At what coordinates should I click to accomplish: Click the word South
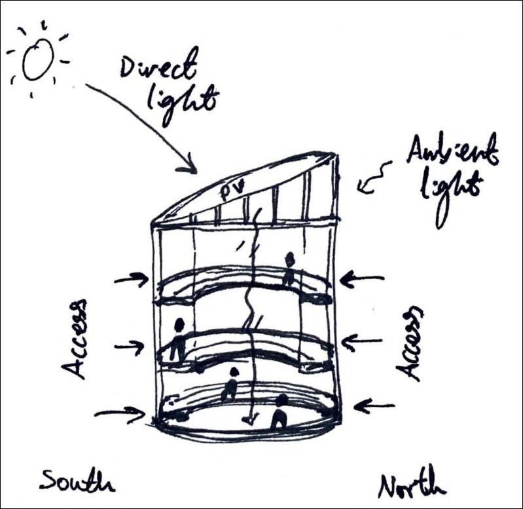[x=75, y=480]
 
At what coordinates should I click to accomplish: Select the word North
[x=412, y=485]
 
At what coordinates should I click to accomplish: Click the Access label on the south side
[x=77, y=339]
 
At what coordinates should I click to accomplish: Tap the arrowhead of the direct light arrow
[x=190, y=168]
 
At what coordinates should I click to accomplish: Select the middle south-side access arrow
[x=130, y=347]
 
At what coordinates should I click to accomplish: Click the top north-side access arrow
[x=361, y=280]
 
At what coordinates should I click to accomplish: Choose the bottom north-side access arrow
[x=377, y=407]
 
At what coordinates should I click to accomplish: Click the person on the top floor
[x=289, y=268]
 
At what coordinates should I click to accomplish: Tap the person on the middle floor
[x=177, y=339]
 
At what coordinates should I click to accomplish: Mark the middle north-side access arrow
[x=362, y=341]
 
